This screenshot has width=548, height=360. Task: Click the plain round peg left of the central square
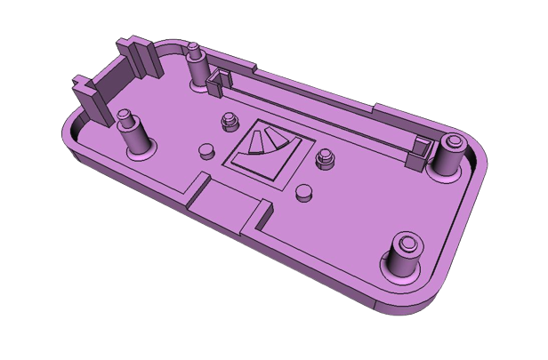pos(207,150)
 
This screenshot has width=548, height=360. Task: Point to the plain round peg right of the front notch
pos(304,191)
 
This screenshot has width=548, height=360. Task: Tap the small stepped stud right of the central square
pos(325,159)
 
